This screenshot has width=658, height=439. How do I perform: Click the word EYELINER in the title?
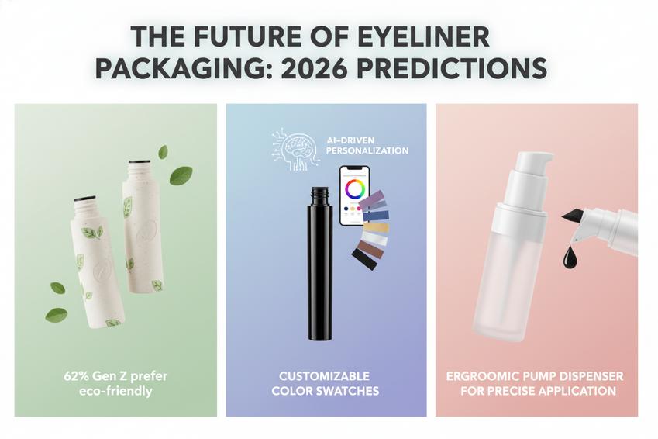click(422, 36)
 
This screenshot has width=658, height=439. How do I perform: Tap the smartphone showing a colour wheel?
click(354, 195)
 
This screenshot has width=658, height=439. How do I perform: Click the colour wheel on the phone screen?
click(356, 188)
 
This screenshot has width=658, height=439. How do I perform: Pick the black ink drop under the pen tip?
click(570, 255)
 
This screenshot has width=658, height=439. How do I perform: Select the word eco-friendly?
click(115, 391)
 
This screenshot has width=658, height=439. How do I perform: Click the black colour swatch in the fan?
click(364, 261)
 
